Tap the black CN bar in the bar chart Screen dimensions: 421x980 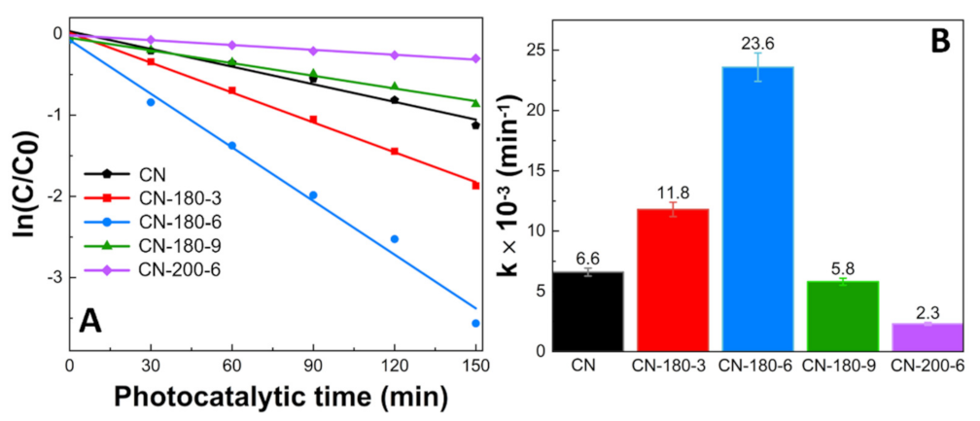coord(587,310)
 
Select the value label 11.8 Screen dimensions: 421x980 coord(672,191)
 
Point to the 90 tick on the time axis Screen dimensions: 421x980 coord(313,367)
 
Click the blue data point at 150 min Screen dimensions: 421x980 coord(476,323)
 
